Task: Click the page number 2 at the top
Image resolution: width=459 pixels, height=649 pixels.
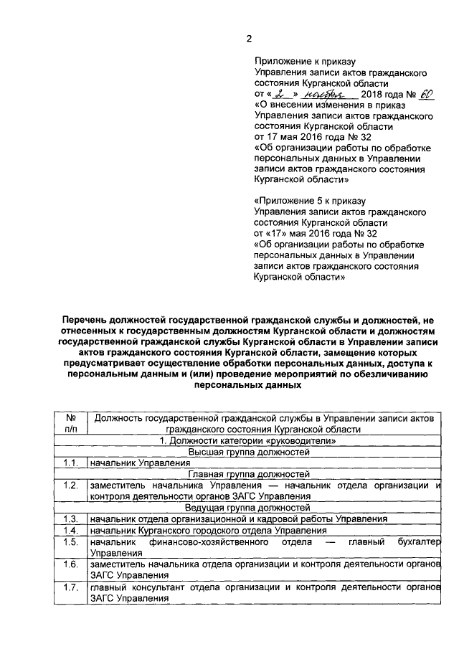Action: pyautogui.click(x=248, y=39)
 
